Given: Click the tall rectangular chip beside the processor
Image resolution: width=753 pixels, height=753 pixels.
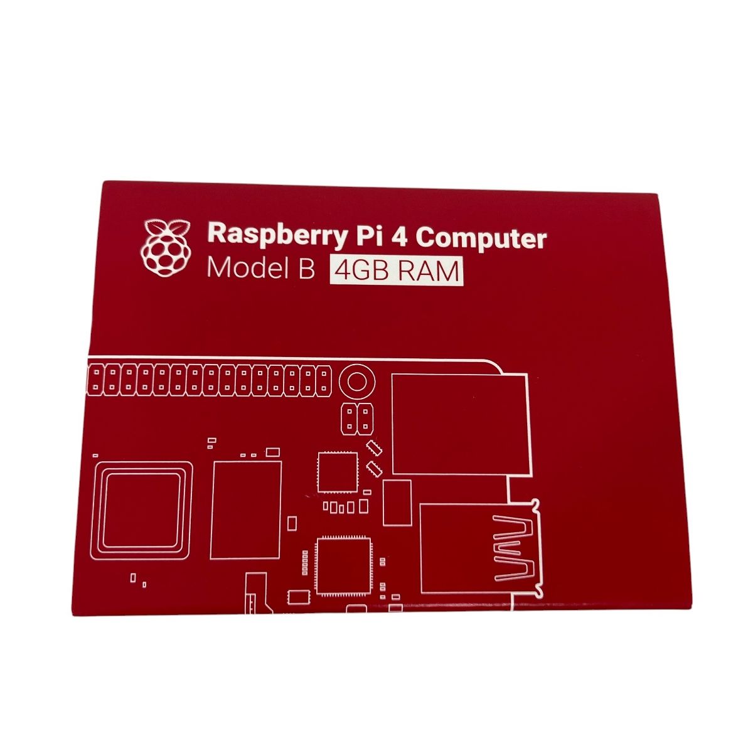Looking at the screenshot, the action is pyautogui.click(x=246, y=510).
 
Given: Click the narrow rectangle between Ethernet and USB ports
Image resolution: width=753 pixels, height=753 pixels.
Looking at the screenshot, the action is pyautogui.click(x=397, y=503).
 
